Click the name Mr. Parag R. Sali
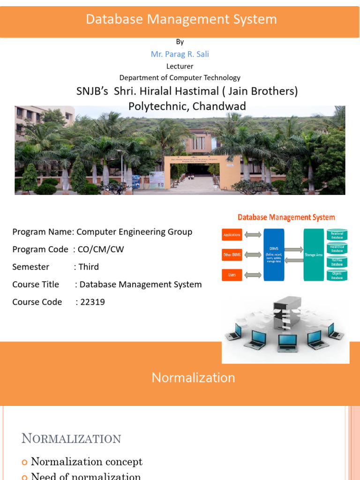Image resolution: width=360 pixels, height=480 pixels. (x=180, y=54)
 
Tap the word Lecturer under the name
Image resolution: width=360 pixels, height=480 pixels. (x=180, y=66)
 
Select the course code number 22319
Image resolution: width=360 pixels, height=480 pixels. (x=92, y=302)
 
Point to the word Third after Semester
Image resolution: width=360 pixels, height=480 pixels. (x=89, y=267)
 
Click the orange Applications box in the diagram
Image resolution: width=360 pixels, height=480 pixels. (x=232, y=235)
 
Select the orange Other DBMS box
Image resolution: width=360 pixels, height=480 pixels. (x=232, y=255)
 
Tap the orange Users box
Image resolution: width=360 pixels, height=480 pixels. (x=232, y=275)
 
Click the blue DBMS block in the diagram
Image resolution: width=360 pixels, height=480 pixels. (x=274, y=255)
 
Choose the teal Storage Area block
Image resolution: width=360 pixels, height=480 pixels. (x=314, y=255)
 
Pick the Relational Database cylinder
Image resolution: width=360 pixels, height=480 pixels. (x=337, y=235)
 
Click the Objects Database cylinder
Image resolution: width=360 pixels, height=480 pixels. (x=337, y=275)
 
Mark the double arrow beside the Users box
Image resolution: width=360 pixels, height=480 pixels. (x=253, y=275)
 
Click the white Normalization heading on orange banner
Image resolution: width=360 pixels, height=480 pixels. (x=193, y=378)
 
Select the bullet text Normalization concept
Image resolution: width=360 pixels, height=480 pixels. (x=87, y=462)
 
